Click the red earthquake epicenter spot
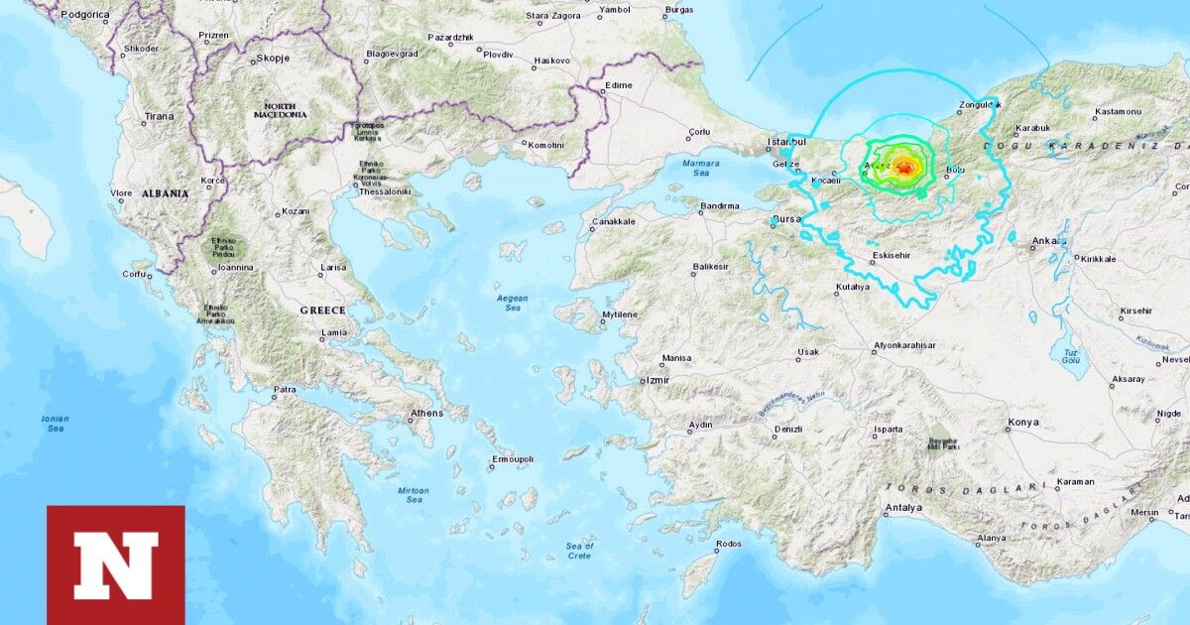pos(904,169)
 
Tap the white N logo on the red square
pos(116,564)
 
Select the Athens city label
pos(426,414)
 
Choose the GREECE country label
pos(322,311)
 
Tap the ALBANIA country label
pos(165,193)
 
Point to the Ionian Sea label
pos(55,424)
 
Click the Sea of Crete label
pos(579,551)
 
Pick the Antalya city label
pos(902,508)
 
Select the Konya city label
pos(1022,423)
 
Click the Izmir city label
pos(655,380)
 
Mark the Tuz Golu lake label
pos(1071,358)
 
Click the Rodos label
pos(728,544)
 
